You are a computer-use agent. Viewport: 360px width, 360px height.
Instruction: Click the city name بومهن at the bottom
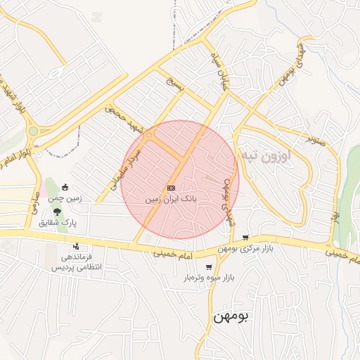(231, 318)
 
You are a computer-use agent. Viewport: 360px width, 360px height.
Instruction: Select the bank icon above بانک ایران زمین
(172, 188)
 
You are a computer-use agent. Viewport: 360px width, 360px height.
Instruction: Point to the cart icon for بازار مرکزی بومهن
(245, 238)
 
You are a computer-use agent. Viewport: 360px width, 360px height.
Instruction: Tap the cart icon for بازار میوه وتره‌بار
(209, 267)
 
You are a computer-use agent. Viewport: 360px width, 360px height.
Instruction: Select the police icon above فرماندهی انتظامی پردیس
(76, 246)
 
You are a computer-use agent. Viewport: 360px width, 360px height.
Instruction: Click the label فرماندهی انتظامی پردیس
(75, 262)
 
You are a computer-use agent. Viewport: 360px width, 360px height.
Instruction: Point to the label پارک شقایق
(58, 222)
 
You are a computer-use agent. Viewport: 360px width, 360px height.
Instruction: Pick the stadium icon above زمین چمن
(65, 187)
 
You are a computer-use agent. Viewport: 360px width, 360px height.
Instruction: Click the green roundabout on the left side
(33, 131)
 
